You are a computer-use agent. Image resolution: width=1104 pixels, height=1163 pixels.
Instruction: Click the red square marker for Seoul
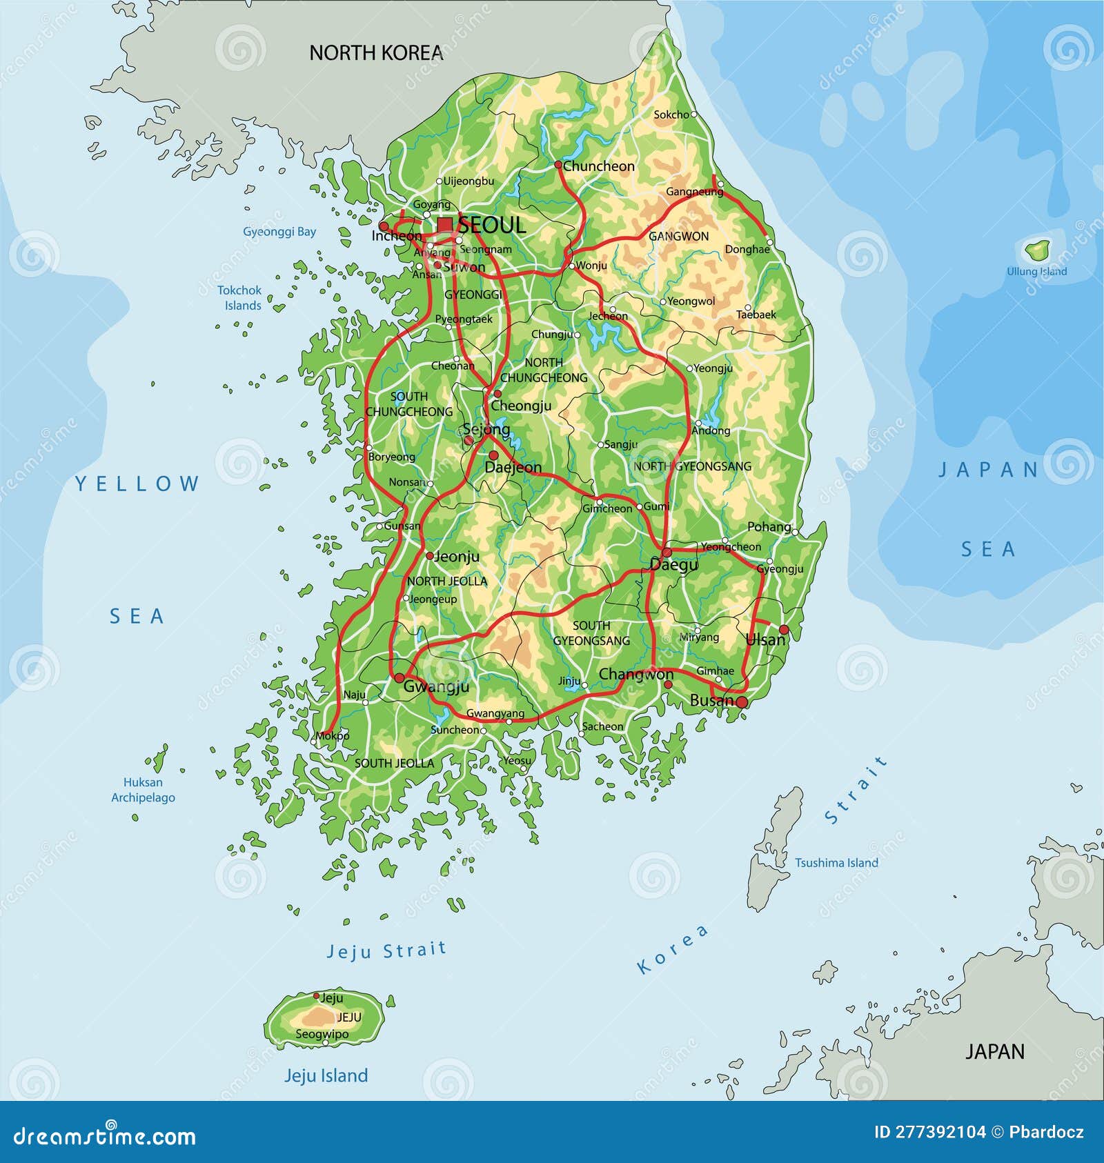click(x=445, y=224)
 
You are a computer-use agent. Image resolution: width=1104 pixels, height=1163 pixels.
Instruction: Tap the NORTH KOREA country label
click(x=375, y=53)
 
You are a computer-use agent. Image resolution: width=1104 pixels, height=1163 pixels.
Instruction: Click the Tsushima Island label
click(x=836, y=862)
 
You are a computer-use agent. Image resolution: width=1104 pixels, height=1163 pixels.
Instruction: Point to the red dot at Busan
click(x=742, y=702)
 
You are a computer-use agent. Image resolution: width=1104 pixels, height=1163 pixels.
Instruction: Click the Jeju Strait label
click(x=386, y=951)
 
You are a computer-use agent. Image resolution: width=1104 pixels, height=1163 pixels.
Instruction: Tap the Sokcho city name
click(x=671, y=115)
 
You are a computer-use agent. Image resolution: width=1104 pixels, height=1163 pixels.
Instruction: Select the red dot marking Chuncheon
click(x=558, y=165)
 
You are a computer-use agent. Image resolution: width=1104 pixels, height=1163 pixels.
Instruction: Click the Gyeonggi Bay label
click(x=279, y=232)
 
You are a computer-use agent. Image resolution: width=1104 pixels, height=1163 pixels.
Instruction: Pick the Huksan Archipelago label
click(x=144, y=790)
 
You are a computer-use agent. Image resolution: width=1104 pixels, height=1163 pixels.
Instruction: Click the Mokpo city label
click(x=333, y=736)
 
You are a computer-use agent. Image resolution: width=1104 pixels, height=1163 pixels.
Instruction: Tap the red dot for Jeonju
click(x=429, y=556)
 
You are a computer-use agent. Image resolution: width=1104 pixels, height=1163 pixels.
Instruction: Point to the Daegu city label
click(x=674, y=565)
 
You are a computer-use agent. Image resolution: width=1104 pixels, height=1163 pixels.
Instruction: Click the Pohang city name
click(x=769, y=527)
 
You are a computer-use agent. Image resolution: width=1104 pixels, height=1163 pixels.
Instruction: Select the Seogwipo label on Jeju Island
click(x=322, y=1034)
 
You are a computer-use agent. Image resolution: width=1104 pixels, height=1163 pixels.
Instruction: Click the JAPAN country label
click(x=994, y=1051)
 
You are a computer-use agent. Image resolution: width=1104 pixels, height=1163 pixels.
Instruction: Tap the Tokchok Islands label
click(x=240, y=298)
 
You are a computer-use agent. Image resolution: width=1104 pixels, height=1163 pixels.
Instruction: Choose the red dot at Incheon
click(x=384, y=226)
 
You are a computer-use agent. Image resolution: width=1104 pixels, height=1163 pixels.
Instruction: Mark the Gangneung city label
click(x=693, y=192)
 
